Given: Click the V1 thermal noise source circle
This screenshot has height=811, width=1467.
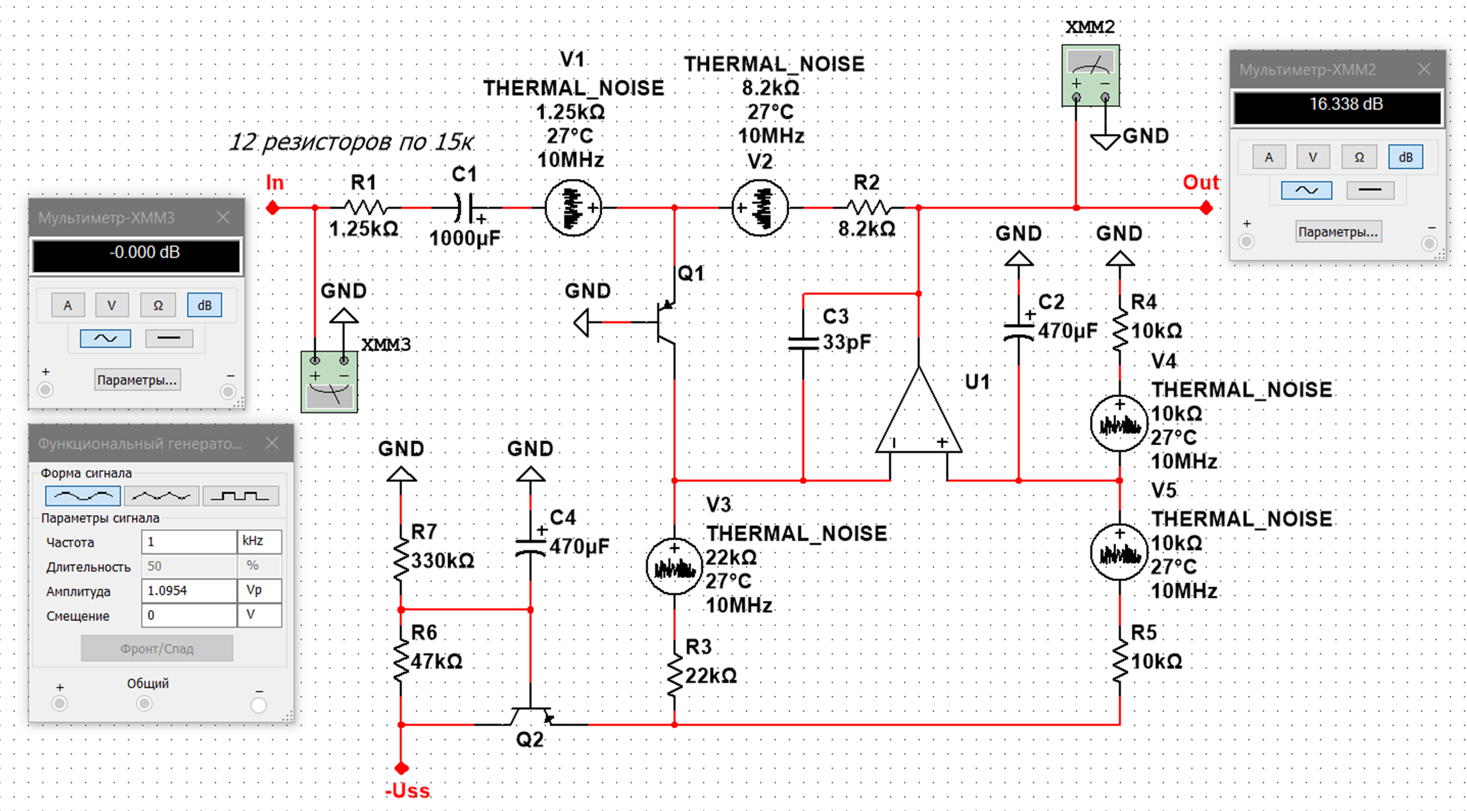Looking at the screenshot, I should click(573, 208).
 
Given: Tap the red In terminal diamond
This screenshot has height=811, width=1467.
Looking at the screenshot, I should click(273, 208).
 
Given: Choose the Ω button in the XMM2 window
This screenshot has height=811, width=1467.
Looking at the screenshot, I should click(1359, 157).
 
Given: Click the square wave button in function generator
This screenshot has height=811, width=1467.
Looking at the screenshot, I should click(240, 496).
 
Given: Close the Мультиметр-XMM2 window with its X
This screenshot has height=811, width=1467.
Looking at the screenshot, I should click(1424, 69).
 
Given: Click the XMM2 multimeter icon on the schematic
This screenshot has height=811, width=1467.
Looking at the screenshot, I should click(1090, 75).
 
